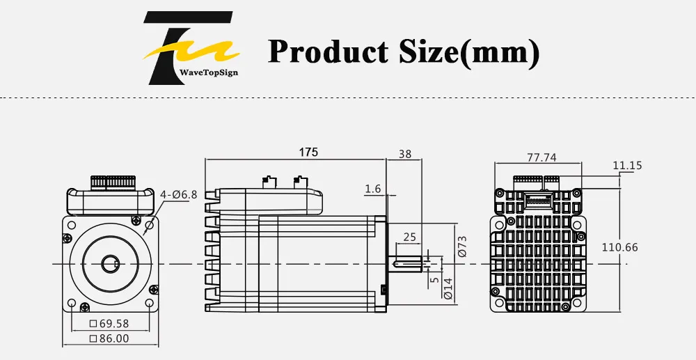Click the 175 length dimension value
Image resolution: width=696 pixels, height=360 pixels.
(x=308, y=152)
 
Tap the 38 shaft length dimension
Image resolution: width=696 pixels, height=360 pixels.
(x=405, y=154)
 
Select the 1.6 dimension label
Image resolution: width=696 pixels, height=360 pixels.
(x=373, y=189)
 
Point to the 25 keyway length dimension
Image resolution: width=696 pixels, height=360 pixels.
(x=410, y=237)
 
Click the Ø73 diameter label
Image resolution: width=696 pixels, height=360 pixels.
(x=462, y=246)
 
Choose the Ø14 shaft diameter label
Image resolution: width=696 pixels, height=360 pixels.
(x=448, y=288)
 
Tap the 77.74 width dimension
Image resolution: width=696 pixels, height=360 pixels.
(x=541, y=157)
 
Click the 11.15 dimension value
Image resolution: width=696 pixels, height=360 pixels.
(x=627, y=166)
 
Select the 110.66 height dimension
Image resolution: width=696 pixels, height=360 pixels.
(x=619, y=247)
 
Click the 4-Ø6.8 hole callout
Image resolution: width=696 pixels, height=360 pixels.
(x=178, y=194)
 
